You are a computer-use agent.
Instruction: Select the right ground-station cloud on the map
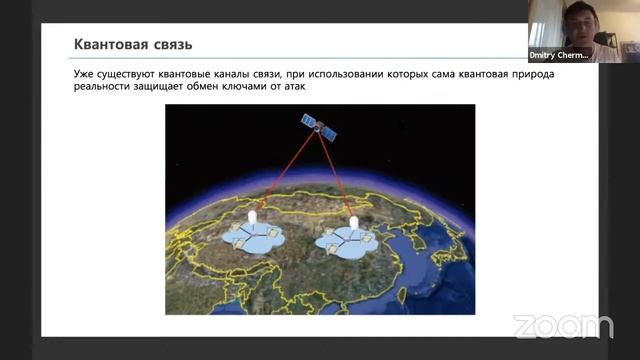(x=346, y=240)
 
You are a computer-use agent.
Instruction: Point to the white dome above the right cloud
(x=353, y=220)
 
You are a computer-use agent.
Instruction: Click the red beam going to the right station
(x=336, y=174)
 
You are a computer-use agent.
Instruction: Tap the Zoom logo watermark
(x=564, y=326)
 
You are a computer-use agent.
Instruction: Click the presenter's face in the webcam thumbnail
(x=574, y=19)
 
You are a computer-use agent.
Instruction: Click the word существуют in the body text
(x=136, y=76)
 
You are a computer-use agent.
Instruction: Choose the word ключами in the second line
(x=256, y=89)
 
